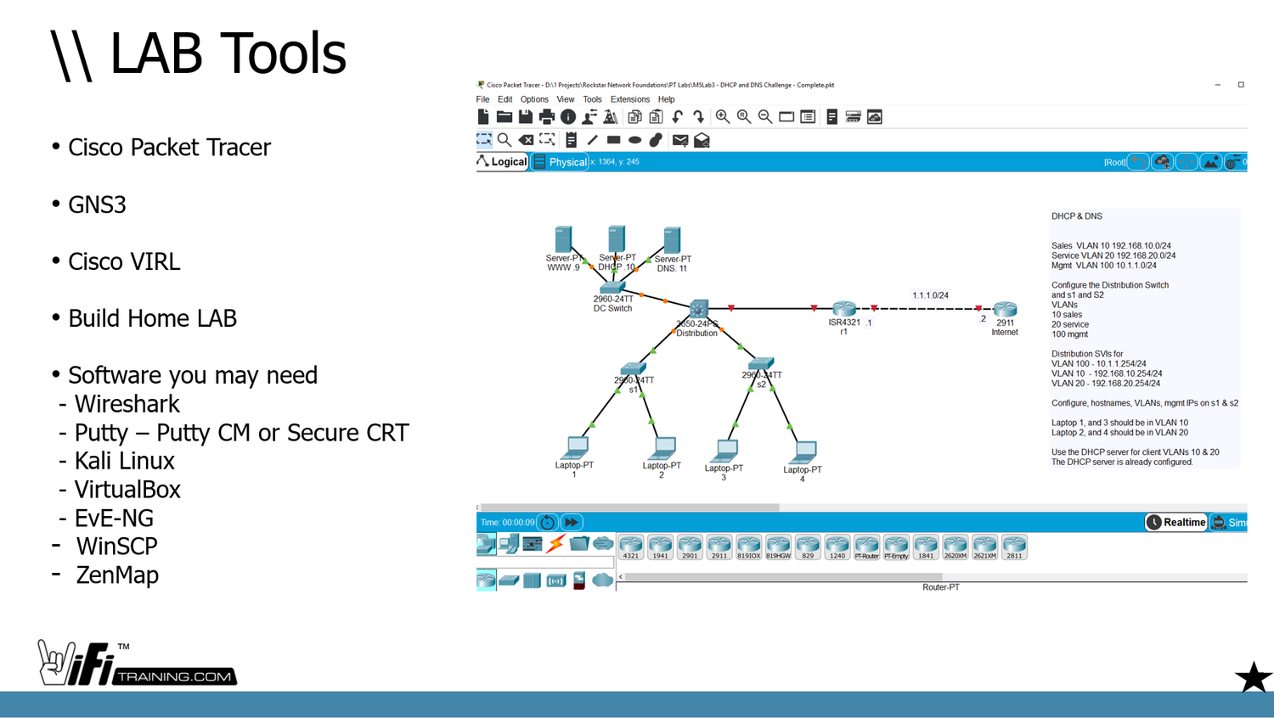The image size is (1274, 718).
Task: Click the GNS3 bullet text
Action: (x=97, y=205)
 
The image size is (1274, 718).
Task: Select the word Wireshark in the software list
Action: (x=127, y=404)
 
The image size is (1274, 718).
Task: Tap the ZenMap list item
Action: (x=117, y=575)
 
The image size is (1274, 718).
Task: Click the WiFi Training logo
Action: (x=136, y=664)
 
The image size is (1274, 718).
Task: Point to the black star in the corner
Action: (x=1253, y=677)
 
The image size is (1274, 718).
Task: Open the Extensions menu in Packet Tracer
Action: (x=629, y=99)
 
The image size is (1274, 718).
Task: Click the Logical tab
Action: (x=503, y=162)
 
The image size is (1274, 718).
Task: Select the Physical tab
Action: (x=561, y=162)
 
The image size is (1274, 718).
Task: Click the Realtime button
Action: (x=1176, y=523)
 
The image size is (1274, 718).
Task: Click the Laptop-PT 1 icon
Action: (x=577, y=446)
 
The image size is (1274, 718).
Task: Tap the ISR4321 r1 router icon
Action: (x=844, y=309)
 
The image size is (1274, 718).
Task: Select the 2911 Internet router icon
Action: (x=1005, y=309)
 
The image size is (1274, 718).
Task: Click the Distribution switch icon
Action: (x=699, y=308)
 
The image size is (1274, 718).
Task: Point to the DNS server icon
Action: (x=672, y=239)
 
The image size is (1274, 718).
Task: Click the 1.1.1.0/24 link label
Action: (x=930, y=295)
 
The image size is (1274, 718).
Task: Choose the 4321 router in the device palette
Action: (x=630, y=547)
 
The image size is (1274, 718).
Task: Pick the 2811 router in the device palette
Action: (x=1014, y=547)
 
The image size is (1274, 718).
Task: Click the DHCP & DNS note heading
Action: (x=1076, y=216)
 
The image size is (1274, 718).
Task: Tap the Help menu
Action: (x=666, y=99)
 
